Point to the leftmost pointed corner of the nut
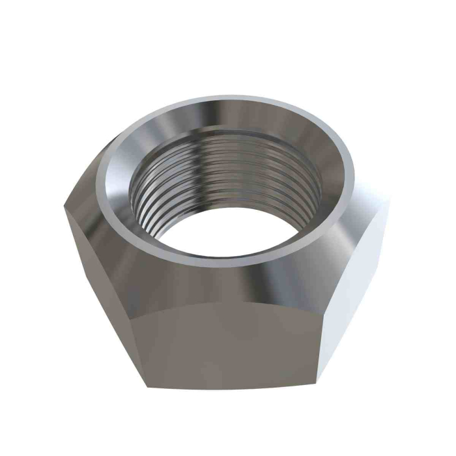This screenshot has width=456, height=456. point(64,207)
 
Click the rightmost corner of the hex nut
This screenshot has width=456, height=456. point(390,202)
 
